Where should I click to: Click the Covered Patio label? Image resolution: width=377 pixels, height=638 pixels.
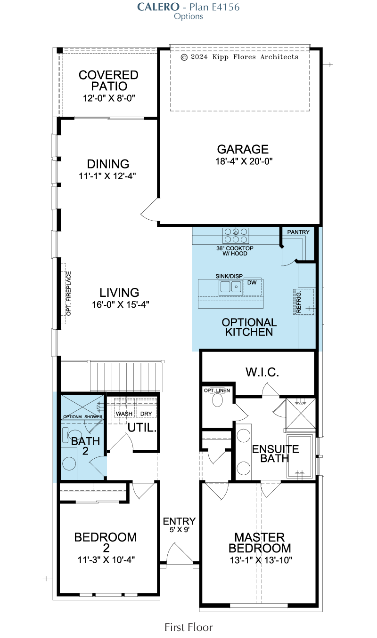click(108, 80)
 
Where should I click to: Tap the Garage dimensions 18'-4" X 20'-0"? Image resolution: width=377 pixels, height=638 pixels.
click(244, 161)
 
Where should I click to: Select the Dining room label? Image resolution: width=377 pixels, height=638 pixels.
click(108, 164)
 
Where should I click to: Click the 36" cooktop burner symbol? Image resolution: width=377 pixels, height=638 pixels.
click(236, 236)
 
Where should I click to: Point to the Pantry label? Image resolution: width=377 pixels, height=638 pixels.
click(298, 232)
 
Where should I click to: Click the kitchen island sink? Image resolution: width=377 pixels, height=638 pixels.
click(231, 287)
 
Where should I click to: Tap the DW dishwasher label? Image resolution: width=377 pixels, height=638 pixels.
click(252, 283)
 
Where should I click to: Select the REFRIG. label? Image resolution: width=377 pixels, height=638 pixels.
click(299, 302)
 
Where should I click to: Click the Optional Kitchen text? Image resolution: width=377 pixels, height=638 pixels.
click(249, 327)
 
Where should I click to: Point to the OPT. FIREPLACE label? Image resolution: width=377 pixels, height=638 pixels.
click(69, 294)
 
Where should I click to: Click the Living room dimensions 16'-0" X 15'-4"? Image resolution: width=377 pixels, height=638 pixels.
click(120, 305)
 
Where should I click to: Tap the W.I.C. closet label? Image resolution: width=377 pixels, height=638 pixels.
click(262, 372)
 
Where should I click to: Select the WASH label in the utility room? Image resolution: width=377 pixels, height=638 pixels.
click(124, 414)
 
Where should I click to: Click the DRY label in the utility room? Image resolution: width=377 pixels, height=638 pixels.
click(146, 414)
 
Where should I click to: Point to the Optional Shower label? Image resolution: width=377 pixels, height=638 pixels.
click(82, 417)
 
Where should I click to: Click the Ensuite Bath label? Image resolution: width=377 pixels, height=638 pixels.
click(275, 454)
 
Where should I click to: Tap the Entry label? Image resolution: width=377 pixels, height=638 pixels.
click(179, 521)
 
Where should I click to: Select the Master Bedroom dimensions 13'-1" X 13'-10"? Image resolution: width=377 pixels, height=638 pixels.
click(261, 560)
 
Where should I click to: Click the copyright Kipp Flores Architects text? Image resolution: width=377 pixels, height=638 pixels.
click(239, 57)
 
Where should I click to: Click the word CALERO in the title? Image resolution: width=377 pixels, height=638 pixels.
click(158, 7)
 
